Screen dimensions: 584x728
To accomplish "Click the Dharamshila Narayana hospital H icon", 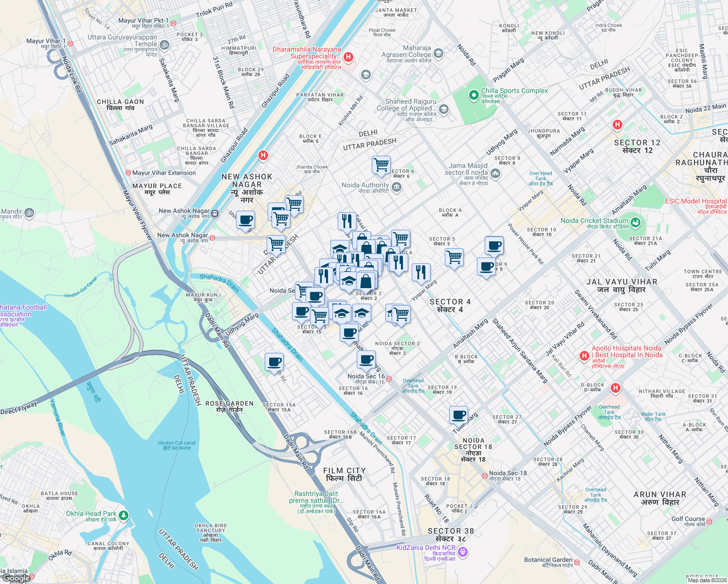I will (348, 57).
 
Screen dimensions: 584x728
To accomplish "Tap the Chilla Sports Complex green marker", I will (473, 95).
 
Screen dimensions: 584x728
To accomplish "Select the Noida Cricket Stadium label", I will (594, 221).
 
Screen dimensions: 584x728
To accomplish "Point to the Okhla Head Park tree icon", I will (124, 515).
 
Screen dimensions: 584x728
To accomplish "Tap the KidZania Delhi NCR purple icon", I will (463, 552).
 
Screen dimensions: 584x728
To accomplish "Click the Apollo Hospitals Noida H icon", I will (584, 356).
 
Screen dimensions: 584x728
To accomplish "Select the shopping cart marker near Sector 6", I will (381, 164).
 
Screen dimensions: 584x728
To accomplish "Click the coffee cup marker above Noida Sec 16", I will (366, 360).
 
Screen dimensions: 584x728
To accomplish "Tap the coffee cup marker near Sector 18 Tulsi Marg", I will (458, 415).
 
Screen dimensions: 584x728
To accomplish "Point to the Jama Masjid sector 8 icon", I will (495, 173).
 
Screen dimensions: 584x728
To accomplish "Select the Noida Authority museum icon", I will (397, 187).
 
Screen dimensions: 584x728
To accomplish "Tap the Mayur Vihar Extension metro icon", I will (128, 173).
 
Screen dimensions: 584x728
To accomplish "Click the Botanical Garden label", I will (548, 560).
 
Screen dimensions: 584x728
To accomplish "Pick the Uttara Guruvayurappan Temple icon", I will (164, 45).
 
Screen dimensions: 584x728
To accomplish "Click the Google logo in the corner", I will (16, 578).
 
